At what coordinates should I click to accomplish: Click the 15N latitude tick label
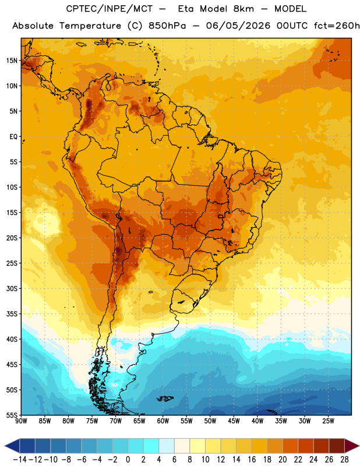(x=12, y=61)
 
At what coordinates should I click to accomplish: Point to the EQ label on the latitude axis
(x=13, y=137)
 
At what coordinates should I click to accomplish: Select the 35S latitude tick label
(x=12, y=314)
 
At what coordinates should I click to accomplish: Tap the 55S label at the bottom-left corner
(x=12, y=415)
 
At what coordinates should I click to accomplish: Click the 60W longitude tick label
(x=163, y=421)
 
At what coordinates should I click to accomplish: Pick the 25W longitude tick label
(x=328, y=421)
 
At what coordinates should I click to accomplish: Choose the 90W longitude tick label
(x=21, y=421)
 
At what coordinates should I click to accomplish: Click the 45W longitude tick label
(x=234, y=421)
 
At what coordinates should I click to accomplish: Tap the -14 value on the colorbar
(x=20, y=460)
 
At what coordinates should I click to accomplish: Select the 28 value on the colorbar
(x=344, y=460)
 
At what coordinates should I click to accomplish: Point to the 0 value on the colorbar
(x=128, y=460)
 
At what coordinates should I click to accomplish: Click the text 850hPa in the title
(x=167, y=26)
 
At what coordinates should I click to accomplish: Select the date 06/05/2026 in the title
(x=238, y=26)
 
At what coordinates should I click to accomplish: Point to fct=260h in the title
(x=337, y=26)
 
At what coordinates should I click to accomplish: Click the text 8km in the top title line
(x=243, y=9)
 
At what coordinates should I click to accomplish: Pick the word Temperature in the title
(x=90, y=26)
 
